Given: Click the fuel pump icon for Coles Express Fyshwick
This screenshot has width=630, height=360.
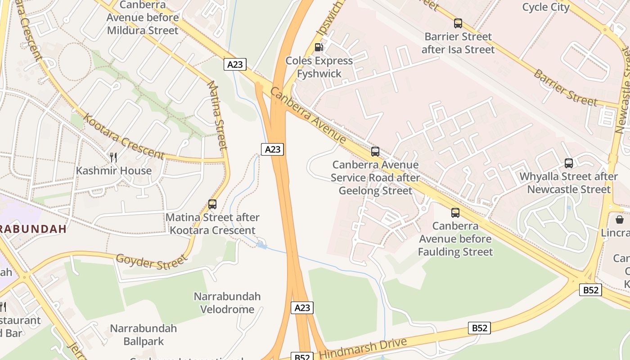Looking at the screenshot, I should click(319, 47).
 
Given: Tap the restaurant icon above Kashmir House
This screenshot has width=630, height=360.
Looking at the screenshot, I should click(113, 157).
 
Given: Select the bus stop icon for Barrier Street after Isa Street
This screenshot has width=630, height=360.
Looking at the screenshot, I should click(458, 23).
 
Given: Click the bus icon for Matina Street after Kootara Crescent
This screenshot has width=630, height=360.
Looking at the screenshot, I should click(212, 204).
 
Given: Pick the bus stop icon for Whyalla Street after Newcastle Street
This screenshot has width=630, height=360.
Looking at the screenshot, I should click(568, 163).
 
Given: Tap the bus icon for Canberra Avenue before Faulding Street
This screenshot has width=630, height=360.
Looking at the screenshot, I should click(455, 213).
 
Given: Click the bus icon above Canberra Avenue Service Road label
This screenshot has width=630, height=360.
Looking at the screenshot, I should click(375, 152).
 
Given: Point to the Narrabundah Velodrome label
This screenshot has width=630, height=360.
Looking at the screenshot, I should click(227, 303).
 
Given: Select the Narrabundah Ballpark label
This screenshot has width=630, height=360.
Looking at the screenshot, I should click(143, 335).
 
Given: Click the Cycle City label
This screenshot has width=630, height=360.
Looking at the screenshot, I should click(545, 7).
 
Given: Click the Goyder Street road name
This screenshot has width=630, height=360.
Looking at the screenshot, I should click(151, 261).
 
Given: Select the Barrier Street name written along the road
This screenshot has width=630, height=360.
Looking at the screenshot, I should click(565, 87).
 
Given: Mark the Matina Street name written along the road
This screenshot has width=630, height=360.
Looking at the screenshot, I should click(217, 115).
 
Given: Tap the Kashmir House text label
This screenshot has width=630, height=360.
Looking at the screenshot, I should click(113, 171).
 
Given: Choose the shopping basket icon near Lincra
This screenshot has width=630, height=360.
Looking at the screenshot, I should click(619, 219).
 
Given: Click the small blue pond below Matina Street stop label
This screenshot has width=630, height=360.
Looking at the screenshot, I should click(261, 245).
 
